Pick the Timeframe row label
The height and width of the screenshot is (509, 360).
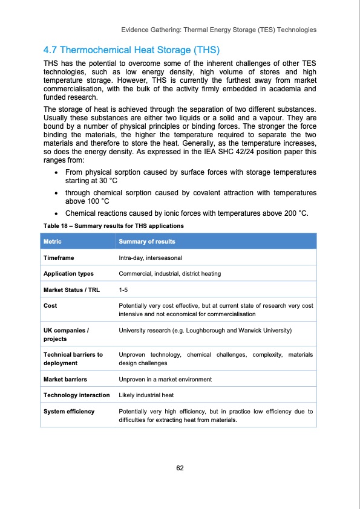point(59,258)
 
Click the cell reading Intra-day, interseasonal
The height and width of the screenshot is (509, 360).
point(155,258)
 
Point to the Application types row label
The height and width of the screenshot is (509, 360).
point(68,274)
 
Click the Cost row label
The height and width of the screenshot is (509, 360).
point(50,306)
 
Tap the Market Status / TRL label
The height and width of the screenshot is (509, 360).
point(71,290)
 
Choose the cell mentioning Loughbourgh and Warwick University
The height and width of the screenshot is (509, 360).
point(205,331)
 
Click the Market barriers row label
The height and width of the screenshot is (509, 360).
point(65,380)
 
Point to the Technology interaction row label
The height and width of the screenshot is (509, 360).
point(76,395)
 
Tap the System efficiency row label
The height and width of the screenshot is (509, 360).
point(69,411)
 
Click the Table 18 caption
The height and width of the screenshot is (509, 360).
point(112,225)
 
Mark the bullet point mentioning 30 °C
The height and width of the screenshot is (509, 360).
point(190,177)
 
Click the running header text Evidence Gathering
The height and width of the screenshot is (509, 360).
point(218,29)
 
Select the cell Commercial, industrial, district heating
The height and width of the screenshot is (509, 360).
point(169,274)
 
